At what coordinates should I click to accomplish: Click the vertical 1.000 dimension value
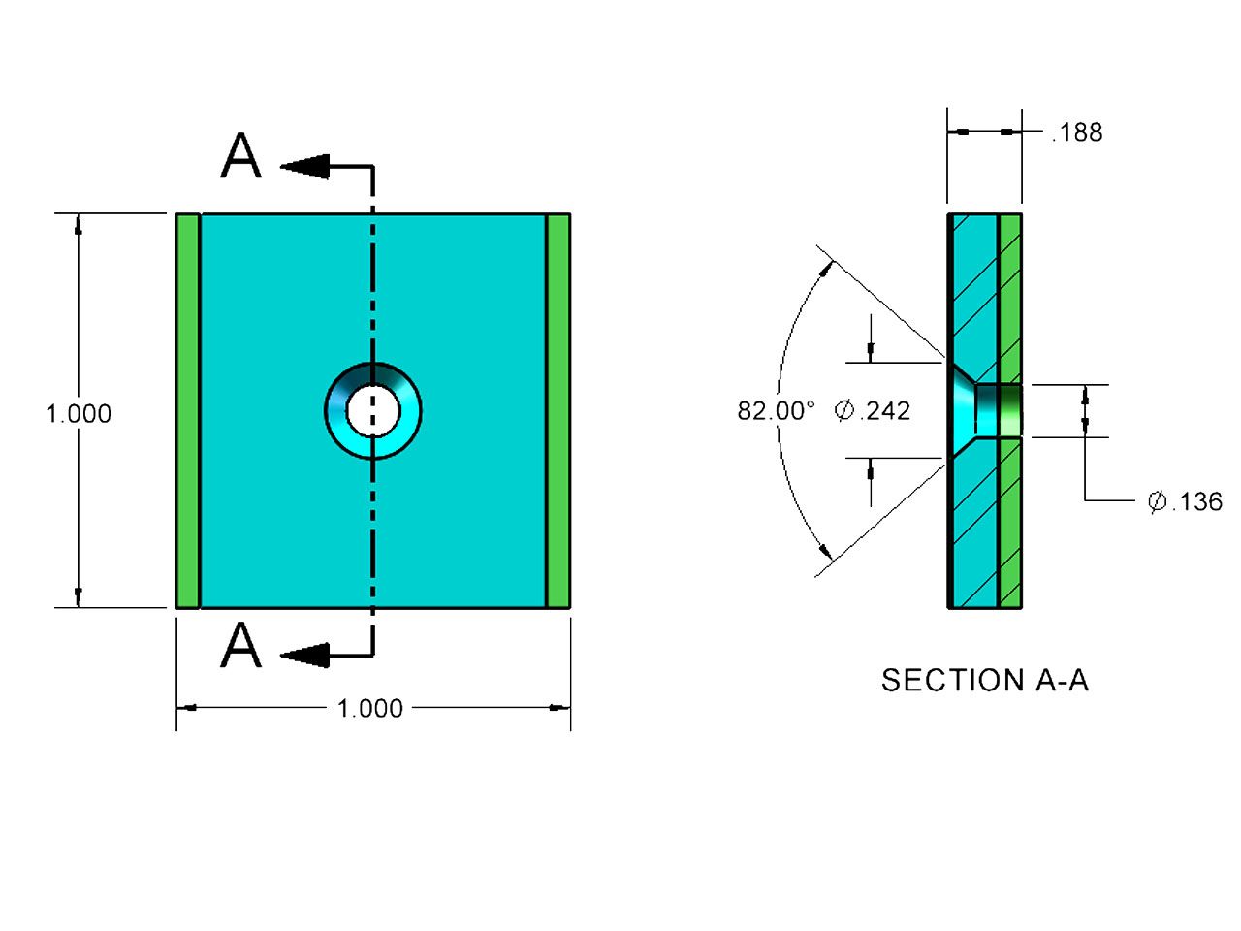[79, 414]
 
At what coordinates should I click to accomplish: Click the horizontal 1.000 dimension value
[369, 708]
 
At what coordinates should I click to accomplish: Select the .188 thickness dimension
[1077, 132]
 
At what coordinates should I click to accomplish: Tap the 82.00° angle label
[776, 411]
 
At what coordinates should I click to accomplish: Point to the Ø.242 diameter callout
[873, 411]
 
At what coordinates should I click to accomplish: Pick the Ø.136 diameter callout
[1185, 501]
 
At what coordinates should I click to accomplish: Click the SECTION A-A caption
[985, 680]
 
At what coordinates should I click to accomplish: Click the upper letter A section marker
[240, 155]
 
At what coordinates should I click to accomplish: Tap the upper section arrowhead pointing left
[304, 166]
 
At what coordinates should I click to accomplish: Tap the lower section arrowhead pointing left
[304, 656]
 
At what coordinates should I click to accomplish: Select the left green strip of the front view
[188, 411]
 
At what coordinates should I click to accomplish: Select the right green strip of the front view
[558, 411]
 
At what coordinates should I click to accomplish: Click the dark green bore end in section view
[1011, 411]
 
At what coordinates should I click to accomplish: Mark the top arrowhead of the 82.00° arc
[827, 269]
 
